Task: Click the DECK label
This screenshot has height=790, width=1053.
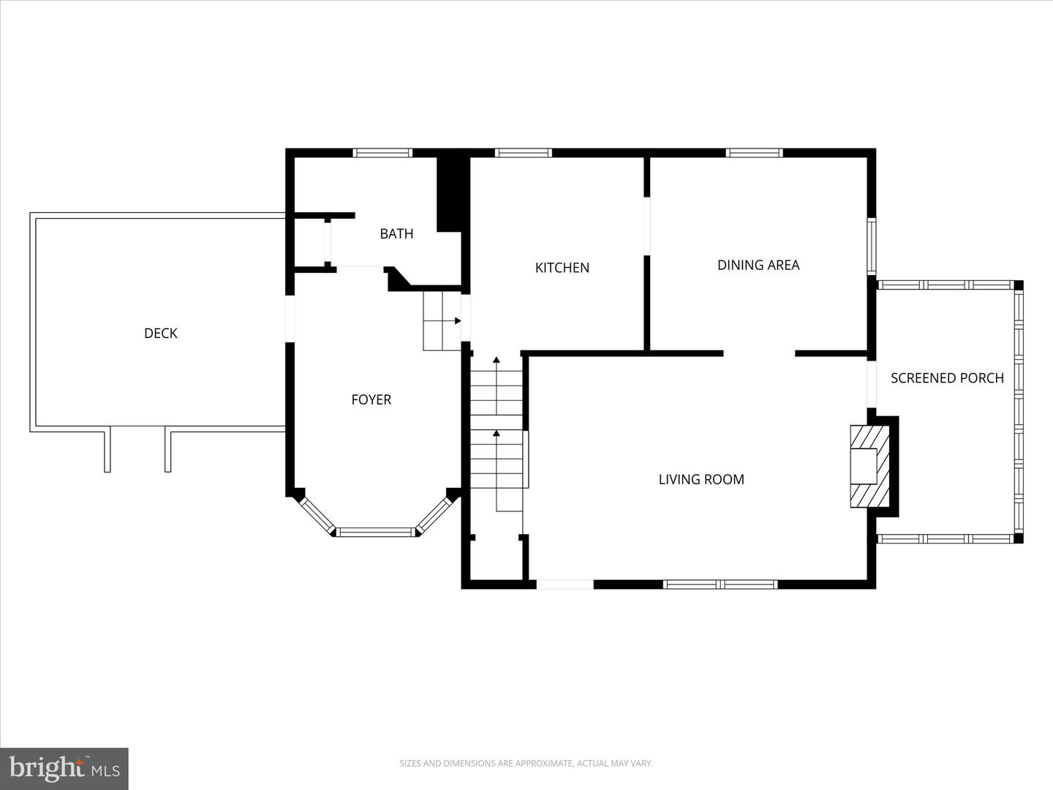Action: coord(161,334)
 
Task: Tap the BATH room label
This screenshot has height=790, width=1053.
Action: coord(396,234)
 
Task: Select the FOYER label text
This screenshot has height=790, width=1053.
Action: coord(371,400)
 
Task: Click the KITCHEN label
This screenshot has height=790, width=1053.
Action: coord(562,268)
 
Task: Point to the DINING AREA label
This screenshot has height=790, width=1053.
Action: coord(758,266)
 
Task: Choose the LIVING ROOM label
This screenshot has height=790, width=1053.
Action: coord(701,480)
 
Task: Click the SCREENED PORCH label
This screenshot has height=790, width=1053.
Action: coord(947,378)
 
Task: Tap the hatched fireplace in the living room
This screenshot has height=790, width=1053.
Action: coord(870,466)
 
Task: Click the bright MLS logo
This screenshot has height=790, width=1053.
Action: coord(64,768)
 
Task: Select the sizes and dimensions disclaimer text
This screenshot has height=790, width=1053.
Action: coord(526,764)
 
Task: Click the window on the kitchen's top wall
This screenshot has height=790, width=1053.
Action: coord(523,153)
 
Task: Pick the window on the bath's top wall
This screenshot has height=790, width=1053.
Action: coord(382,153)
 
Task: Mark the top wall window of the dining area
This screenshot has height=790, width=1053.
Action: coord(754,153)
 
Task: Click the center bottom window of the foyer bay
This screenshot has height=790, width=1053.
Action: coord(376,533)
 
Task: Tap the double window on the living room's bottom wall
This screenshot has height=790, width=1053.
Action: coord(720,584)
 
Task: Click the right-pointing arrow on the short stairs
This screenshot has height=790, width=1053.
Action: coord(457,320)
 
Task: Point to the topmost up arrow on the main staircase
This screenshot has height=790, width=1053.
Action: coord(497,360)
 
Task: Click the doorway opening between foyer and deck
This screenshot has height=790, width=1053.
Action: coord(290,318)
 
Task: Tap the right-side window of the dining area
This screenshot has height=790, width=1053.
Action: coord(872,246)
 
